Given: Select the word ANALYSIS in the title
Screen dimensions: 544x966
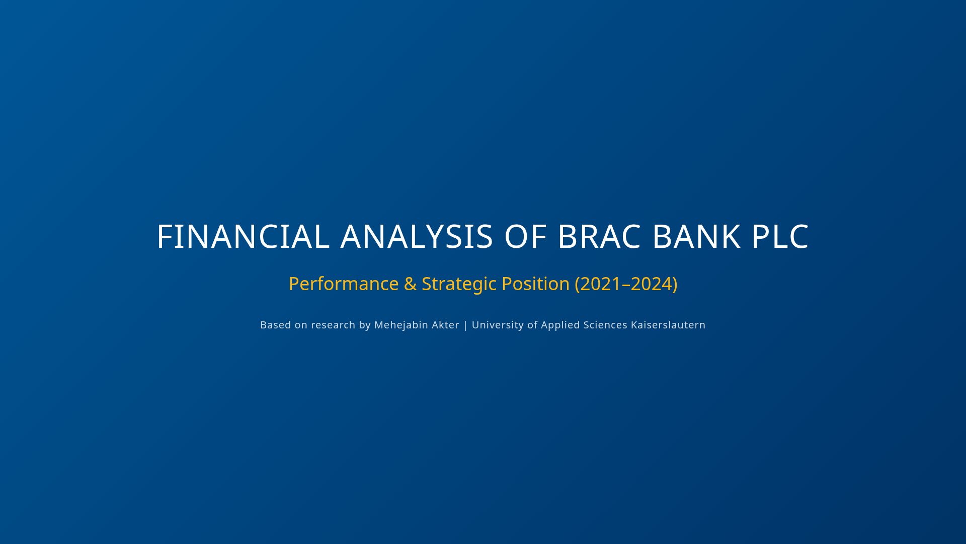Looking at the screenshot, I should (x=417, y=236).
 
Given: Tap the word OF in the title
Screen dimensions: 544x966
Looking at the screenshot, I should (x=525, y=236).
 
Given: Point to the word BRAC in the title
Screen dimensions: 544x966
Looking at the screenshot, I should (x=599, y=236).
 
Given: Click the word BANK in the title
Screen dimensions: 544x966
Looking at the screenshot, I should (x=696, y=236).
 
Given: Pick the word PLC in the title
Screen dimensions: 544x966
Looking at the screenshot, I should (x=780, y=236).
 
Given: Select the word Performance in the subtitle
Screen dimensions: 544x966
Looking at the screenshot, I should (x=344, y=284).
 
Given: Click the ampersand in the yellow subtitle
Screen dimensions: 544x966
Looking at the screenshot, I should (x=410, y=284).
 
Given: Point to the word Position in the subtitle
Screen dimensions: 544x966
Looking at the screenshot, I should (x=535, y=284).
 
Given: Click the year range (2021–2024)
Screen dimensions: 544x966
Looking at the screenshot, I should (x=626, y=284).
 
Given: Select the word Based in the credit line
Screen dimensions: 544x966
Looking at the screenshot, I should (x=275, y=325).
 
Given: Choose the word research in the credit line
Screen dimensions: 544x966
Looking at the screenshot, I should (x=333, y=325).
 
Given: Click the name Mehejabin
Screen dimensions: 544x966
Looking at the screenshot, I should (x=401, y=325).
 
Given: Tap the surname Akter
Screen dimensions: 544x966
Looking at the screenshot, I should (x=445, y=325).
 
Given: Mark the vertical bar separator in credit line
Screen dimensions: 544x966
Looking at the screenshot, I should (x=465, y=325).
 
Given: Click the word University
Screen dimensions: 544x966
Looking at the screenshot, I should (x=498, y=325).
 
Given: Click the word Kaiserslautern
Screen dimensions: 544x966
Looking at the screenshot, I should (x=668, y=325).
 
